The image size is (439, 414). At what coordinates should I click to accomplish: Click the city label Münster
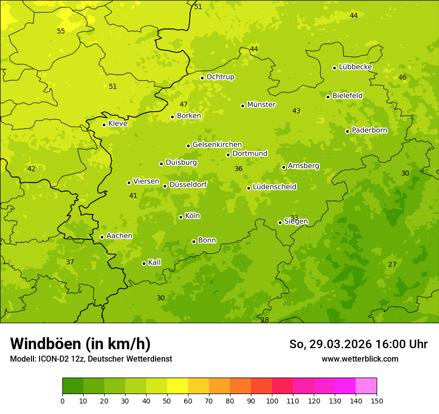pyautogui.click(x=261, y=105)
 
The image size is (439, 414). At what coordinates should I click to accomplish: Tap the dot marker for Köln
pyautogui.click(x=181, y=217)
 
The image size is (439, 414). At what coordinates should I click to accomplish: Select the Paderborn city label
pyautogui.click(x=369, y=130)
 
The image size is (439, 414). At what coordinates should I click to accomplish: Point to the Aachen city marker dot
pyautogui.click(x=102, y=237)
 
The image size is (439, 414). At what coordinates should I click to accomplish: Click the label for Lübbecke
pyautogui.click(x=355, y=67)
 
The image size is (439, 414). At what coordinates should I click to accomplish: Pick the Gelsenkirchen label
pyautogui.click(x=217, y=145)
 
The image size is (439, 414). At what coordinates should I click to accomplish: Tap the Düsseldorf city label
pyautogui.click(x=188, y=185)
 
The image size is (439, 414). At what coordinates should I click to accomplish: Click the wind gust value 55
pyautogui.click(x=61, y=31)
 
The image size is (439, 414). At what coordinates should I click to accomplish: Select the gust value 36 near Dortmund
pyautogui.click(x=238, y=169)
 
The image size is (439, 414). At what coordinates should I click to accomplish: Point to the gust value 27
pyautogui.click(x=392, y=264)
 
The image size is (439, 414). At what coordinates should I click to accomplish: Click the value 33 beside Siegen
pyautogui.click(x=294, y=217)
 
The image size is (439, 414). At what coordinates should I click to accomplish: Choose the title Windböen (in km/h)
pyautogui.click(x=80, y=344)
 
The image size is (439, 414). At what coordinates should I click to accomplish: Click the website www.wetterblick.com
pyautogui.click(x=360, y=359)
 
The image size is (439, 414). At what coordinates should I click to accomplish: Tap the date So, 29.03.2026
pyautogui.click(x=330, y=344)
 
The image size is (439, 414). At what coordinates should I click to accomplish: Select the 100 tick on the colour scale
pyautogui.click(x=272, y=401)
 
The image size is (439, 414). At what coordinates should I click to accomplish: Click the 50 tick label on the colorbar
pyautogui.click(x=167, y=401)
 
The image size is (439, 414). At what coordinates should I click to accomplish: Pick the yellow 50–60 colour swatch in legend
pyautogui.click(x=178, y=386)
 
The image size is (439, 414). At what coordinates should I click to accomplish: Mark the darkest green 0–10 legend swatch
pyautogui.click(x=73, y=386)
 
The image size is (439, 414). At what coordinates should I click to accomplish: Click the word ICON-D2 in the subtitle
pyautogui.click(x=52, y=359)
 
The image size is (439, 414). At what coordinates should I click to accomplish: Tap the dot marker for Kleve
pyautogui.click(x=104, y=125)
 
